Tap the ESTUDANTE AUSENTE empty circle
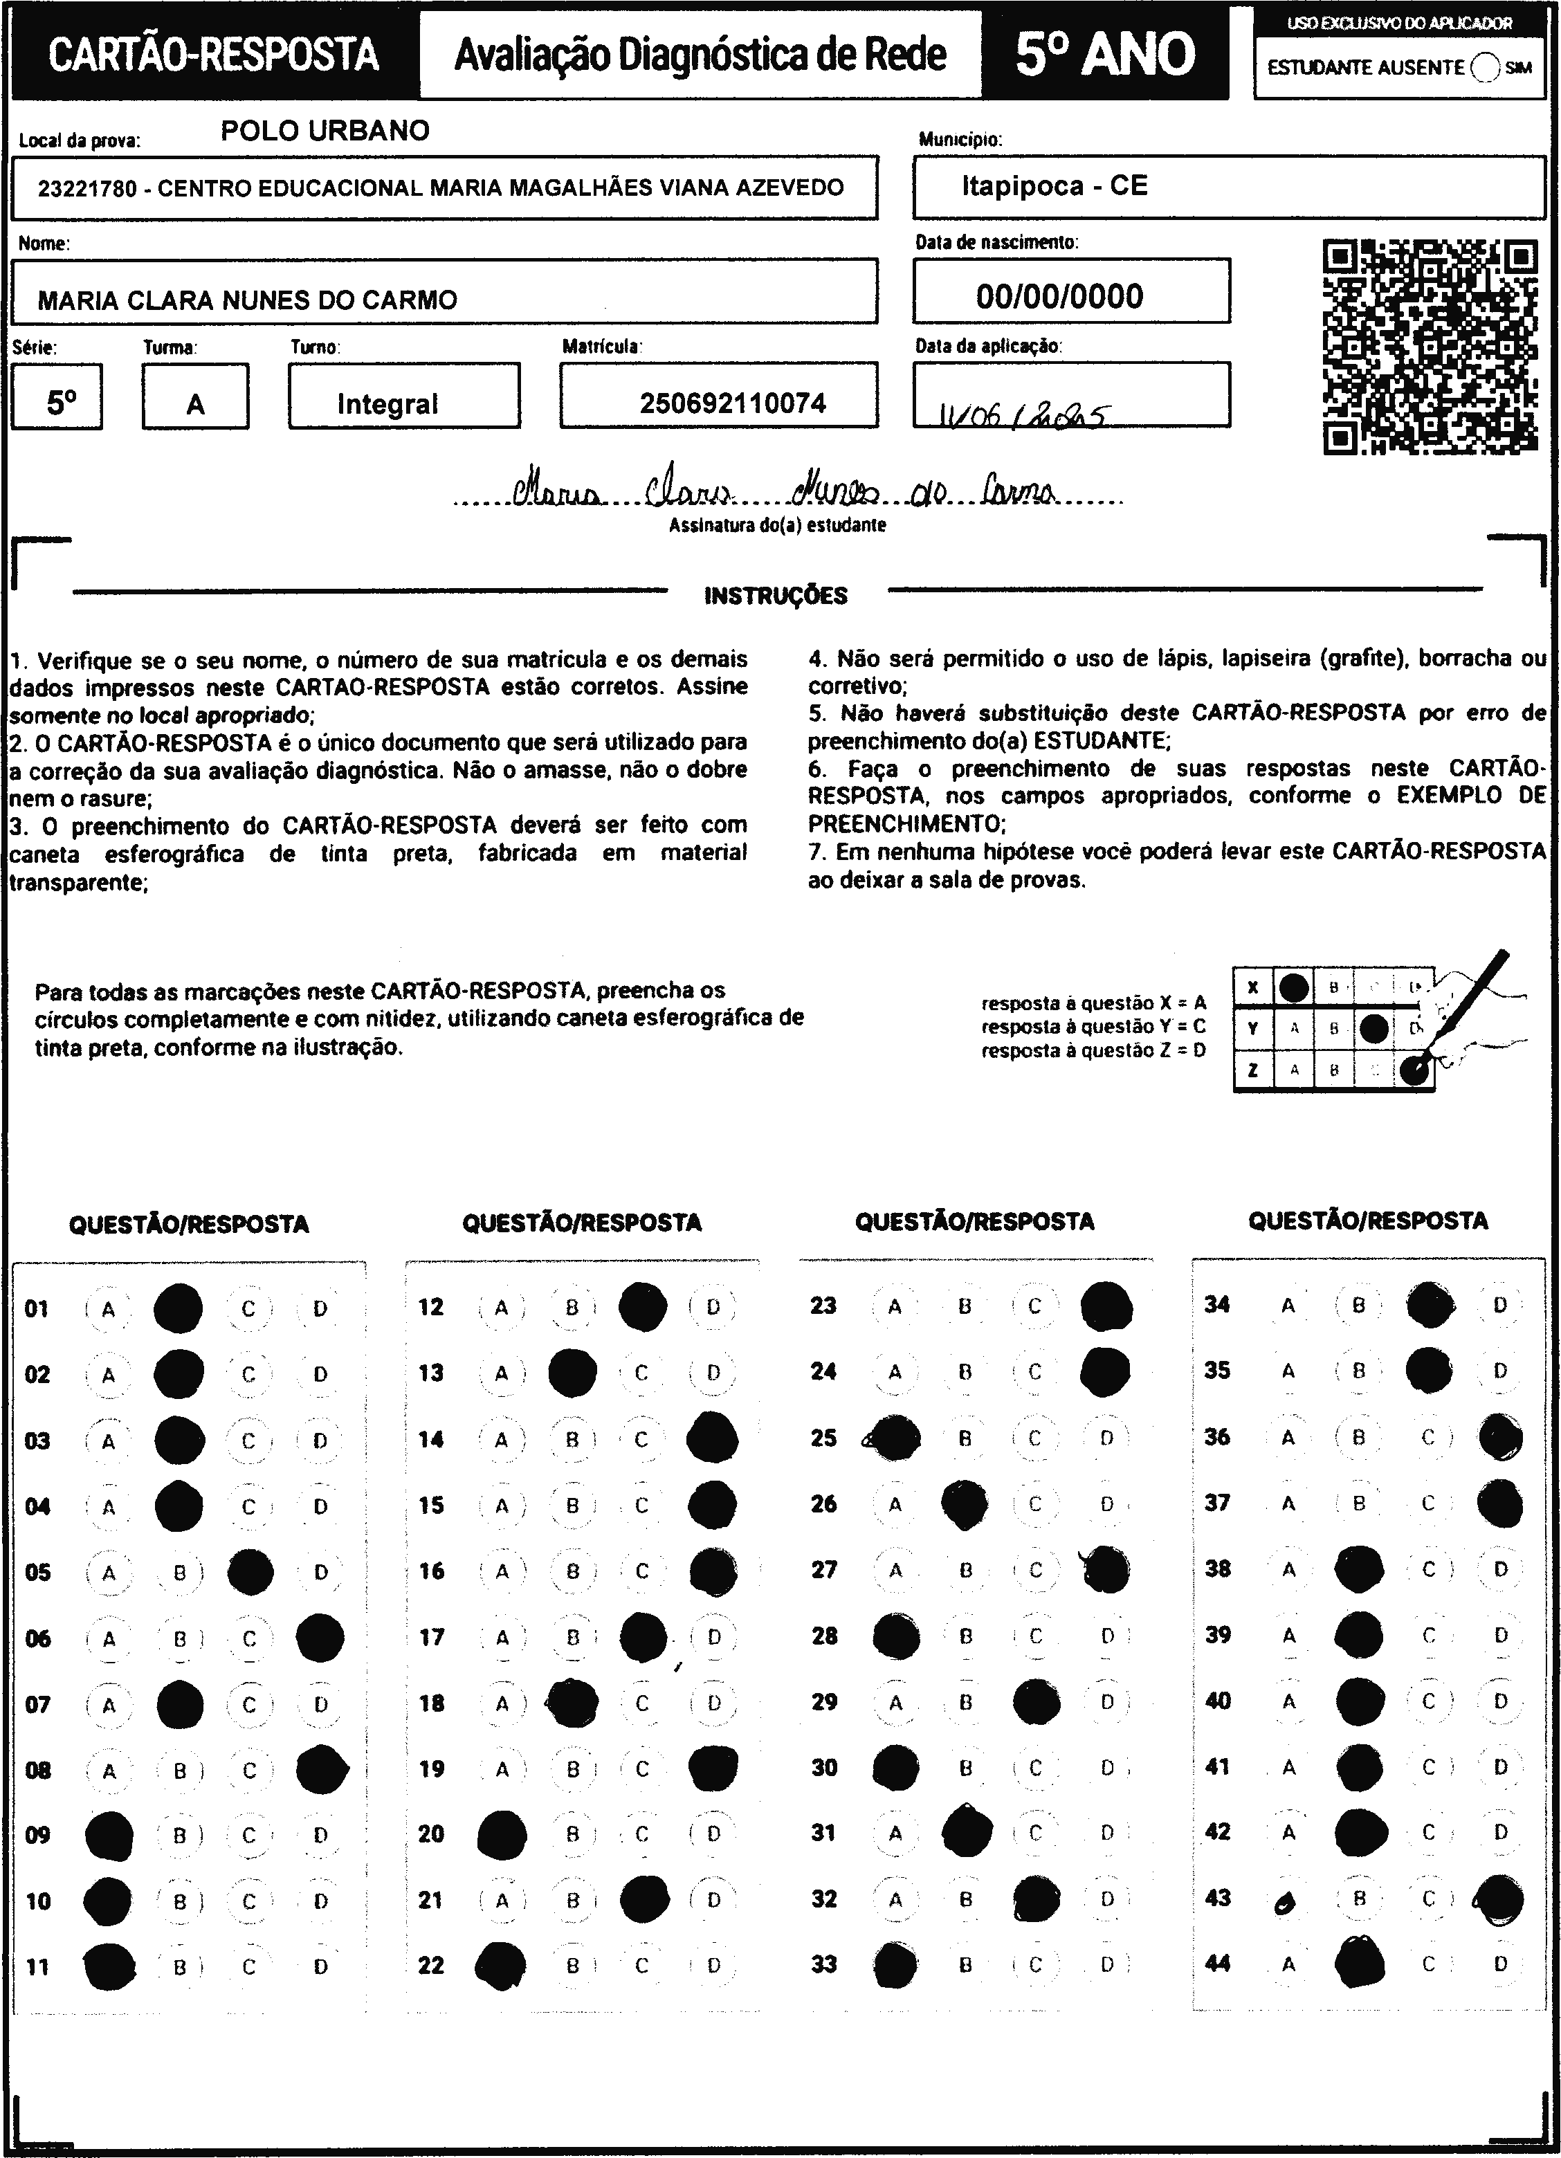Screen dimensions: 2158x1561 1485,68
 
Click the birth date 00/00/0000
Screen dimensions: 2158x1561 1059,296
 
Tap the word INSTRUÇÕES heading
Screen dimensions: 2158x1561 776,596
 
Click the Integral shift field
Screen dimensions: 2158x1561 387,404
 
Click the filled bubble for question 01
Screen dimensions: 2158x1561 178,1308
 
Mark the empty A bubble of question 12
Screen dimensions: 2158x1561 502,1308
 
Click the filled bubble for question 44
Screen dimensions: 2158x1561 1359,1964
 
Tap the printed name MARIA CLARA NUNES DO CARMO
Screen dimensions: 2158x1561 248,301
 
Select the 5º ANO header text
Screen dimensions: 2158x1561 1105,54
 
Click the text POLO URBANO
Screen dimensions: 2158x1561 325,130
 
